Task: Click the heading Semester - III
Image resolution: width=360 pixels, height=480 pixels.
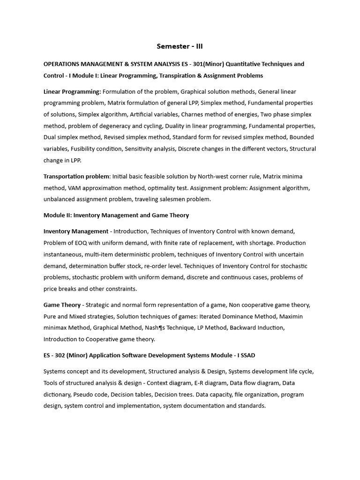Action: (x=180, y=46)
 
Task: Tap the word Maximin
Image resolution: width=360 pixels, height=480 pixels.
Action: (x=292, y=316)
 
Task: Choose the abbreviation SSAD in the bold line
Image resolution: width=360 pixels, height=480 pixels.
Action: (x=246, y=355)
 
